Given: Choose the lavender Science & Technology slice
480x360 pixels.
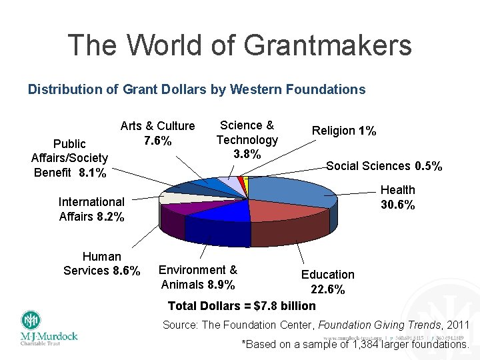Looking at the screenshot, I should tap(227, 183).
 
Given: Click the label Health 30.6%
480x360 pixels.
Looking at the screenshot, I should tap(398, 197).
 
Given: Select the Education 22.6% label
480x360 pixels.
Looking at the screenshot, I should tap(327, 282).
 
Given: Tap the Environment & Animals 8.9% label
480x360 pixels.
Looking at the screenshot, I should tap(198, 277).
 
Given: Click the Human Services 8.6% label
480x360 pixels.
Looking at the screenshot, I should tap(101, 263).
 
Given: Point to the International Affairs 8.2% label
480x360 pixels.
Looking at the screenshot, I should tap(91, 209).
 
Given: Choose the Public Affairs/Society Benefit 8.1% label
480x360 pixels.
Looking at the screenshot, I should tap(69, 158).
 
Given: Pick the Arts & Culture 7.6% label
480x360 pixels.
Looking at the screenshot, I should tap(157, 133).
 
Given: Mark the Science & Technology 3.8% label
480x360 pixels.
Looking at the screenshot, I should tap(247, 139).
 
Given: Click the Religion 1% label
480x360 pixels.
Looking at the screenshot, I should tap(345, 131).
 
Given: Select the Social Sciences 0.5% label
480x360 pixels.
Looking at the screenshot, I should tap(384, 166).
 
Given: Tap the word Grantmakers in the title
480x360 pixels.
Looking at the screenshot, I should tap(327, 45).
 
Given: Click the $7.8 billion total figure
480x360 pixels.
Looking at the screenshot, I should tap(281, 306).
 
